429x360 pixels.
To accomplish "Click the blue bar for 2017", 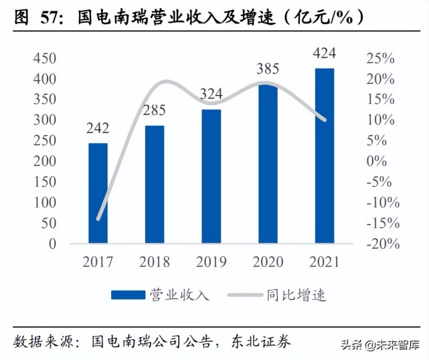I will tap(98, 193).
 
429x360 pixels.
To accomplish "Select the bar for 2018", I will tap(155, 185).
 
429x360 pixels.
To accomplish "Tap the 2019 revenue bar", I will tap(211, 177).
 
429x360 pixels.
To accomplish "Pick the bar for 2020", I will tap(268, 164).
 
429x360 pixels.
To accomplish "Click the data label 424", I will tap(325, 53).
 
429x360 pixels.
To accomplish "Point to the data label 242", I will tap(98, 128).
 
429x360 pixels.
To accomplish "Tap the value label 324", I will tap(211, 94).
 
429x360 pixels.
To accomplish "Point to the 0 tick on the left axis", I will tap(53, 244).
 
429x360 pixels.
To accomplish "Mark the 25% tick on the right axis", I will tap(379, 58).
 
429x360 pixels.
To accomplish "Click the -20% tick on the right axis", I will tap(383, 244).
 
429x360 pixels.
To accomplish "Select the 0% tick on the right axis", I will tap(376, 161).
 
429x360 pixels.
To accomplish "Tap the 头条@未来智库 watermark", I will tap(384, 345).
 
